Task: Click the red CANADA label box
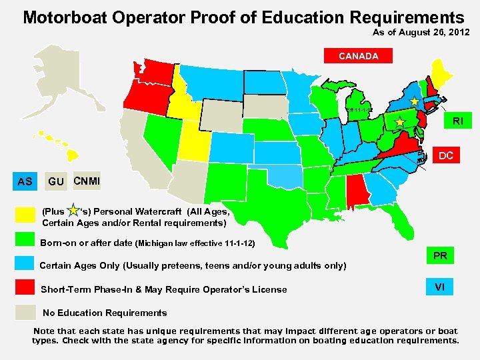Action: pyautogui.click(x=358, y=56)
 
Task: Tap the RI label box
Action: pyautogui.click(x=458, y=121)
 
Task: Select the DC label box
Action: pyautogui.click(x=446, y=156)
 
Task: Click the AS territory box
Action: pyautogui.click(x=25, y=181)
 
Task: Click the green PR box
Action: pyautogui.click(x=440, y=255)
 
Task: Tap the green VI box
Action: pyautogui.click(x=440, y=287)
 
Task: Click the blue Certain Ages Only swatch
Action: pyautogui.click(x=25, y=262)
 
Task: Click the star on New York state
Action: pyautogui.click(x=414, y=101)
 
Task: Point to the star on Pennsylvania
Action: pyautogui.click(x=399, y=122)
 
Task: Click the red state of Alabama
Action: pyautogui.click(x=356, y=193)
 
